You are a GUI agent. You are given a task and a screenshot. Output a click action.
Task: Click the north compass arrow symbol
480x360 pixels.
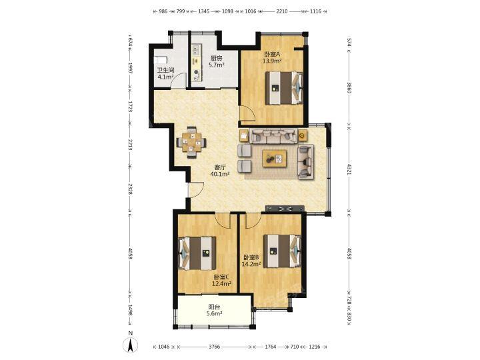(130, 345)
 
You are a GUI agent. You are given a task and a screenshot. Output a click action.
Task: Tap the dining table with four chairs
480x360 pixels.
(191, 142)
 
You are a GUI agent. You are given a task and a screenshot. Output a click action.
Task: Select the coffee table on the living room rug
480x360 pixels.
(275, 158)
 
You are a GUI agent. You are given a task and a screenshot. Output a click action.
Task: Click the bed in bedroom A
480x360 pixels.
(284, 88)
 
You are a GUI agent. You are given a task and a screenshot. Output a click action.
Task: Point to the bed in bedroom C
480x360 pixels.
(197, 253)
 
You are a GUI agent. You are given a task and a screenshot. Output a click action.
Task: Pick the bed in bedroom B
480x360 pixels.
(283, 251)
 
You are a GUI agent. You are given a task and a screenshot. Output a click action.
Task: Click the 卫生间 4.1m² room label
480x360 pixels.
(165, 73)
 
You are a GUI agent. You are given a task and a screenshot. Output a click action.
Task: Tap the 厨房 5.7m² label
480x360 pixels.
(217, 61)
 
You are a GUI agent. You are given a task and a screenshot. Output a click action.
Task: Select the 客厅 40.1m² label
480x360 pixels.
(220, 171)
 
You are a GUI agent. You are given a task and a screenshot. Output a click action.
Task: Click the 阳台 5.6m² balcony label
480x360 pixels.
(214, 310)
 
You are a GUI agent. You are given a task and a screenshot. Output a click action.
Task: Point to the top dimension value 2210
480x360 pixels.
(282, 11)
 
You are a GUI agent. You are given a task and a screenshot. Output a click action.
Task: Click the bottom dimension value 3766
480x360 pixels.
(214, 347)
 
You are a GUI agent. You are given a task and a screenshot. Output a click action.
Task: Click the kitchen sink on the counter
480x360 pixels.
(196, 50)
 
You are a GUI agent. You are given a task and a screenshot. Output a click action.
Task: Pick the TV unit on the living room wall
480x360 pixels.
(285, 209)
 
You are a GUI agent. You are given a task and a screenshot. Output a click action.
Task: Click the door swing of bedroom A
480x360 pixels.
(247, 113)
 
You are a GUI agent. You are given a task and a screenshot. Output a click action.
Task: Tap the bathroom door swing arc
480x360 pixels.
(178, 81)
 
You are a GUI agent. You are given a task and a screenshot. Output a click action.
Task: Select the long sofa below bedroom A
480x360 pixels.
(273, 135)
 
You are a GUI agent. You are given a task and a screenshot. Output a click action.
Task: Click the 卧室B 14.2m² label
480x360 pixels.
(251, 261)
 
